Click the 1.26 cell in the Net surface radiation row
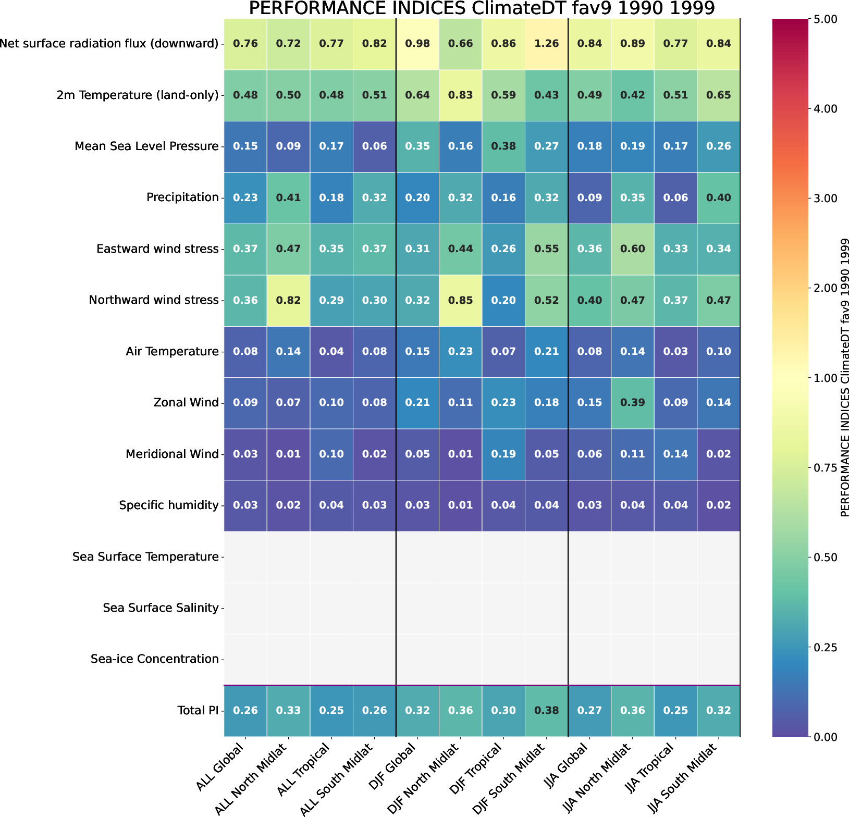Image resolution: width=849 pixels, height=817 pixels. [547, 44]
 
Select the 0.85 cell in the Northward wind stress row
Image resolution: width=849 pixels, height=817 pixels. [461, 300]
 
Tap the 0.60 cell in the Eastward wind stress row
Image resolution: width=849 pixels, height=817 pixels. [632, 249]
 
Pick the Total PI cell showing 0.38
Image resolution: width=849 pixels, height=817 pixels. [547, 711]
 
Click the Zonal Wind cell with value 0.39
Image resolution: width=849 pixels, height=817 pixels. [632, 403]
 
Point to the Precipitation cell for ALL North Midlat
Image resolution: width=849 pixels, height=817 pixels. [288, 198]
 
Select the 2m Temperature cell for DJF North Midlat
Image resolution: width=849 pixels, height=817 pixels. [461, 95]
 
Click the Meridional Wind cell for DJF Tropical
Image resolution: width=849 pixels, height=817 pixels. [503, 454]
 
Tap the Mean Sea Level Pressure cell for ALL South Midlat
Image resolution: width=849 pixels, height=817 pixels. [374, 146]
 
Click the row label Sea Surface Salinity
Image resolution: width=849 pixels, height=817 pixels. [161, 608]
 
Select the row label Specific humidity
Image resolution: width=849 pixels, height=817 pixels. [168, 505]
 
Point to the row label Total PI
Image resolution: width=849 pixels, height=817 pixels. [198, 711]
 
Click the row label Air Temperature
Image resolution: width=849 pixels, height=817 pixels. [172, 352]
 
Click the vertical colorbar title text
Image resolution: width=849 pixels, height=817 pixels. [845, 377]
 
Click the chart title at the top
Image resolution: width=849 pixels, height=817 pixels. [482, 9]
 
